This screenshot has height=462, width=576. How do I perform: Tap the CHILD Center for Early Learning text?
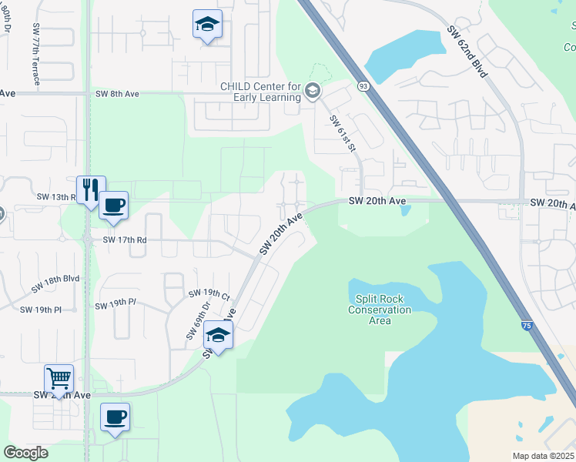point(261,92)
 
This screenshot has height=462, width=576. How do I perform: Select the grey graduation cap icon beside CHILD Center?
point(312,92)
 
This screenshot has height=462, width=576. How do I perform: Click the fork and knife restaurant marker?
point(90,189)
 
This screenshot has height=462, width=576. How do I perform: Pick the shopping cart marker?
point(59,378)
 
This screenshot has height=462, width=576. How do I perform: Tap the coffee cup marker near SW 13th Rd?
point(113,206)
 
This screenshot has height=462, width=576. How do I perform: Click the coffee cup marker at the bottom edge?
point(116,417)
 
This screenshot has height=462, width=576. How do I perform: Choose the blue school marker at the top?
point(207,25)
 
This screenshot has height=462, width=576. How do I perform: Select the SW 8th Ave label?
point(117,94)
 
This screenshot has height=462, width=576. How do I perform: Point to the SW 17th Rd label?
point(126,239)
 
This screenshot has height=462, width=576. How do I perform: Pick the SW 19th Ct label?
point(209,295)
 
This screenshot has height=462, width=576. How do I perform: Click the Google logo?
point(25,453)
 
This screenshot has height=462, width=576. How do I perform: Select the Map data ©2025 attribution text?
point(543,456)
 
